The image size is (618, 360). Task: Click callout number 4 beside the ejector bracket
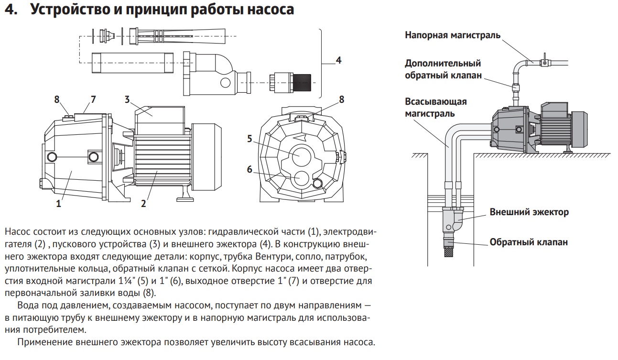point(338,61)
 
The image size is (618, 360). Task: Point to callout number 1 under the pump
point(59,204)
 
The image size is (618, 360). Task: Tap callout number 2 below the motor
point(143,204)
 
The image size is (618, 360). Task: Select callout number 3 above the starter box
point(127,99)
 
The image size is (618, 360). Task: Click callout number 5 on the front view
point(249,139)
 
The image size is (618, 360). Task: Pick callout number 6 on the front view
point(249,169)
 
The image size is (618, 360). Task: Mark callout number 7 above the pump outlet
point(93,99)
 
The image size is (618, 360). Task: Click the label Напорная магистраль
point(453,35)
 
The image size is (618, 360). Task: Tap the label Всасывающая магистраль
point(435,108)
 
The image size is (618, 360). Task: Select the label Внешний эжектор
point(529,212)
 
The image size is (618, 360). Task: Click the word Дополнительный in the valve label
point(443,63)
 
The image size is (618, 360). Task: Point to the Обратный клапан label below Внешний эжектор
point(529,242)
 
